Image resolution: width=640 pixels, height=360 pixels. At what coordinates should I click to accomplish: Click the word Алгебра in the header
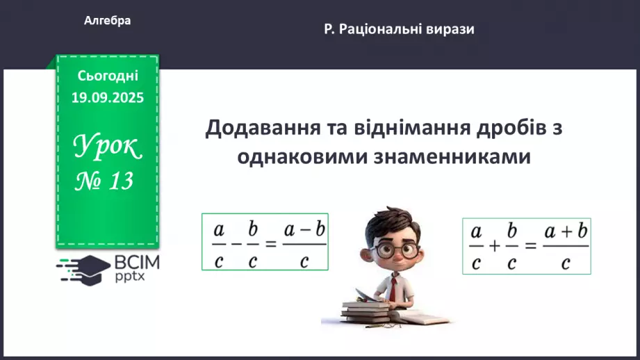pos(108,21)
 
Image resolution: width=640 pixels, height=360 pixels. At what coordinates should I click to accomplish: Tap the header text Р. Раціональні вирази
pos(399,29)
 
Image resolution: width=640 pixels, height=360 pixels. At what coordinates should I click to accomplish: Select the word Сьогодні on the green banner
pos(108,75)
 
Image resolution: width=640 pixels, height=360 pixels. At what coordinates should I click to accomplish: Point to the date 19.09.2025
pos(108,97)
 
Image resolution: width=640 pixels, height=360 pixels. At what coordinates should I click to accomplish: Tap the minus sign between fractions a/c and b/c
pos(237,243)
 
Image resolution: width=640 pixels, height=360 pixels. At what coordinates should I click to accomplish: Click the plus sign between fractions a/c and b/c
pos(495,246)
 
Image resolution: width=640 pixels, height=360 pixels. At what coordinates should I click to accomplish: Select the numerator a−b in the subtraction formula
pos(304,229)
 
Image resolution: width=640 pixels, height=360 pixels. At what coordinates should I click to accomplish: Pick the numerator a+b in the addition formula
pos(566,231)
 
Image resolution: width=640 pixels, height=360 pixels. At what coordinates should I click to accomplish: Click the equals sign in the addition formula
pos(531,246)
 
